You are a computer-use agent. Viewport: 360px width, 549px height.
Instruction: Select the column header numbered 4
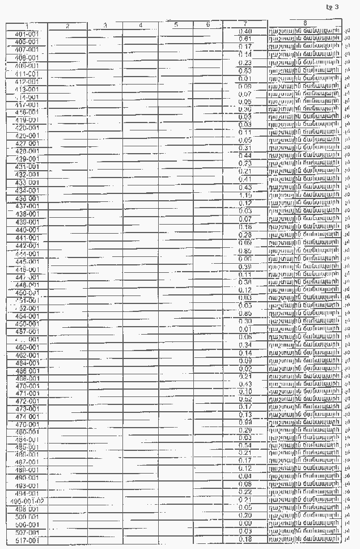coord(141,26)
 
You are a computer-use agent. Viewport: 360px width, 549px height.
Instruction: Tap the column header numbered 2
coord(67,26)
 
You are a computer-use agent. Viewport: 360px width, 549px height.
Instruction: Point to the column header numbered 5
coord(176,25)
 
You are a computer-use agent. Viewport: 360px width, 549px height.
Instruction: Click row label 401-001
coord(27,34)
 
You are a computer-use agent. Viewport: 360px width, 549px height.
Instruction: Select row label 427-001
coord(27,144)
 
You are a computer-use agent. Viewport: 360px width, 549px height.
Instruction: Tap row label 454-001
coord(27,316)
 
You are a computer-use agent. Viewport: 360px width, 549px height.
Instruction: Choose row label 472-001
coord(27,401)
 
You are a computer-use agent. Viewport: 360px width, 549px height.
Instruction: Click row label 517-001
coord(27,541)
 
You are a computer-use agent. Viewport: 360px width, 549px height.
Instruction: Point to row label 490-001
coord(27,478)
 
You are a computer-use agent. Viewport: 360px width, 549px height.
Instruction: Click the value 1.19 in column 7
coord(245,195)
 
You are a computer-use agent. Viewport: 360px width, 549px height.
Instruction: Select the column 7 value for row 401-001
coord(245,31)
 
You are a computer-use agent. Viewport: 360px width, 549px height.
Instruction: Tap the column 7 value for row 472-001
coord(245,399)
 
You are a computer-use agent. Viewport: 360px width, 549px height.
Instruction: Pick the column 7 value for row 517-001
coord(245,539)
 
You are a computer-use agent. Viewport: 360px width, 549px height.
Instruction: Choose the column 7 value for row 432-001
coord(245,171)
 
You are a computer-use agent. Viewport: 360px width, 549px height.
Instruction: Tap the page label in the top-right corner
coord(333,7)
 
